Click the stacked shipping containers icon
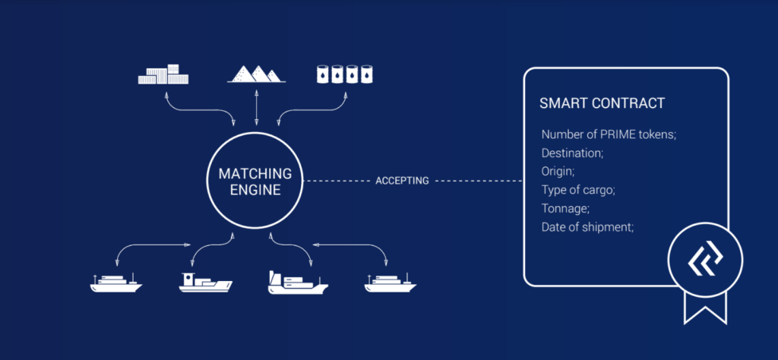163,74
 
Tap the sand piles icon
256,74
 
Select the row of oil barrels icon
347,74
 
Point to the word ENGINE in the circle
255,190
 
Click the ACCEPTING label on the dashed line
402,182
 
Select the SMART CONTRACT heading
602,103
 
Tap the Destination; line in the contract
572,153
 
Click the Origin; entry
558,171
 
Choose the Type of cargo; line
578,189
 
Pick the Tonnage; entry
565,207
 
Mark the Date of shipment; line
587,226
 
